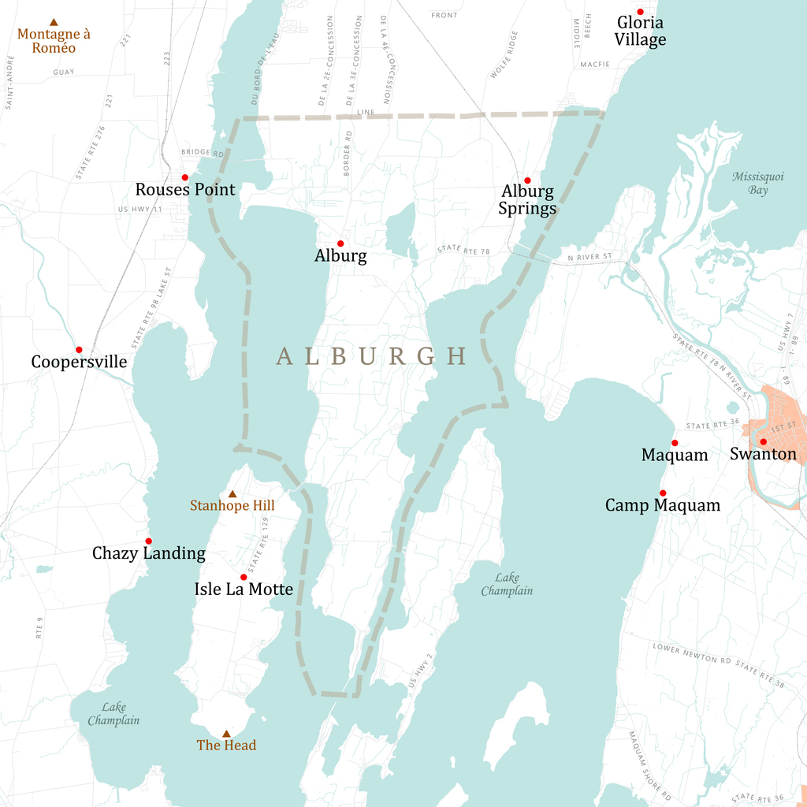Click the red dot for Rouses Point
pos(185,177)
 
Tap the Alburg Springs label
pos(527,199)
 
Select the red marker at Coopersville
pos(79,350)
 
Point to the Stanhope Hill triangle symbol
pos(232,494)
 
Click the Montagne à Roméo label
pos(54,40)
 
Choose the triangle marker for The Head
pos(226,734)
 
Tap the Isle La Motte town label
pos(244,589)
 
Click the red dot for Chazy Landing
pos(148,541)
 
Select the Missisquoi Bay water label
pos(757,183)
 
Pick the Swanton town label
pos(763,454)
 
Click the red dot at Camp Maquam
pos(663,493)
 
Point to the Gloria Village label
pos(641,32)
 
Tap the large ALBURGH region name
pos(372,356)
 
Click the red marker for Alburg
pos(340,244)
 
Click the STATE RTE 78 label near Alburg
pos(463,250)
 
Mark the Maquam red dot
pos(675,443)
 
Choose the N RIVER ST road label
pos(589,257)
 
